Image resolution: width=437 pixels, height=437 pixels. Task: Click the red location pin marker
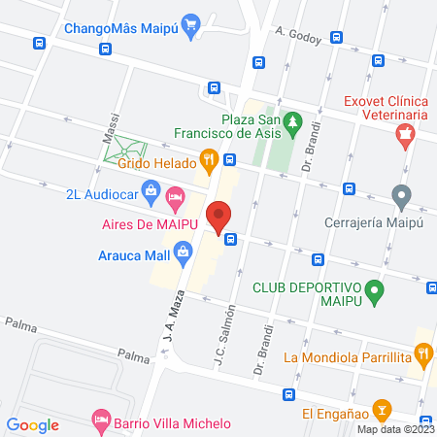(218, 215)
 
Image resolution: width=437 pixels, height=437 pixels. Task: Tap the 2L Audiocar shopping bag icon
(151, 192)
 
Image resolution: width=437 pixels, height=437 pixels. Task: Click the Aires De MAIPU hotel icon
(176, 202)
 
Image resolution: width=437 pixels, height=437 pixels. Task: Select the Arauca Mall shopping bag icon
(183, 256)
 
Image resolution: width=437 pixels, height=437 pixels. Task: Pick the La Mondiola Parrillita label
(346, 357)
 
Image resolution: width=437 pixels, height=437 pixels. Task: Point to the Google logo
(32, 424)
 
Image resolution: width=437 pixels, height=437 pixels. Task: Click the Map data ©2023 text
(394, 429)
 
